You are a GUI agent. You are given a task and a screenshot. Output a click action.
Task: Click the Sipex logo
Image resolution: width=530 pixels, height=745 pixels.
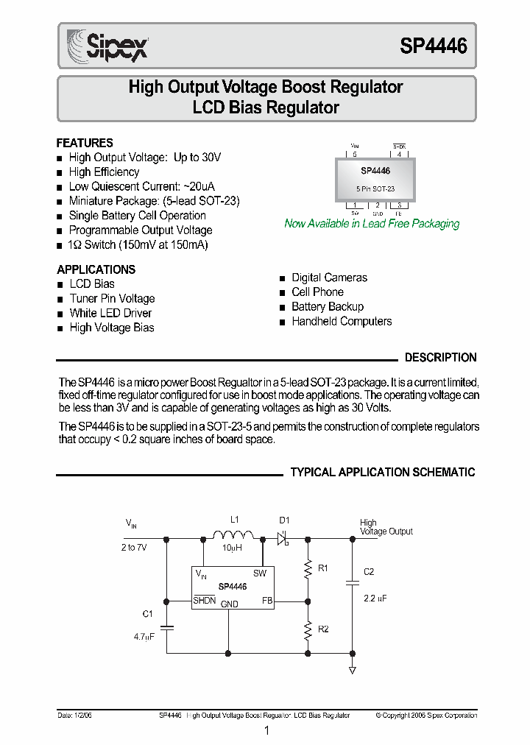[x=107, y=45]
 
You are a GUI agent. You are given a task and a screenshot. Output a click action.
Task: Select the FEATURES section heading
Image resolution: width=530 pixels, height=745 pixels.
[x=85, y=143]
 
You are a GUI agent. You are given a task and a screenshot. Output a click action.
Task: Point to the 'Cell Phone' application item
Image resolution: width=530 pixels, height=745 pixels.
[x=317, y=292]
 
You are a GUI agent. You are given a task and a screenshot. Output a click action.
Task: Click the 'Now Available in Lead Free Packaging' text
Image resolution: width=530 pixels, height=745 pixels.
[x=372, y=224]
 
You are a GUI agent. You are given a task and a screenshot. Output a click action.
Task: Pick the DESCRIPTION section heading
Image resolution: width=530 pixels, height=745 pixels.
[x=441, y=358]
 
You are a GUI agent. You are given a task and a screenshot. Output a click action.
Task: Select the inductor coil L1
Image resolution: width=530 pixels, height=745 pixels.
[x=233, y=537]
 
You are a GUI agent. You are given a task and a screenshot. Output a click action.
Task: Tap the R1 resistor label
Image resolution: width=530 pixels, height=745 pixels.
[x=323, y=568]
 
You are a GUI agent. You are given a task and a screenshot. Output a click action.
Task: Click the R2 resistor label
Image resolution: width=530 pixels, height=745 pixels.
[x=323, y=629]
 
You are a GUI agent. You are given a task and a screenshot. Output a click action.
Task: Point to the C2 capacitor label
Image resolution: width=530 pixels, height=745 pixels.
[x=369, y=572]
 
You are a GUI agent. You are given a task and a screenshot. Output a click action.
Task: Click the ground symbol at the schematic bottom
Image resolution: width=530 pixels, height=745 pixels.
[x=352, y=670]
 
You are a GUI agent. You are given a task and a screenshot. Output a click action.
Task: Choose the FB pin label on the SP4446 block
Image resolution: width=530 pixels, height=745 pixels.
[x=267, y=601]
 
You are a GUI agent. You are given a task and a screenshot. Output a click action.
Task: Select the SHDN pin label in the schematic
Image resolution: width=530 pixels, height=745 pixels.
[x=205, y=601]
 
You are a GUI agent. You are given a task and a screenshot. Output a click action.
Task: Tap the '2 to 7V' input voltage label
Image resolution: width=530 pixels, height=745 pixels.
[x=134, y=548]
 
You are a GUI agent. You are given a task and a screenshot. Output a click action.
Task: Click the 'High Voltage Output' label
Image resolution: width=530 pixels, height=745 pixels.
[x=385, y=527]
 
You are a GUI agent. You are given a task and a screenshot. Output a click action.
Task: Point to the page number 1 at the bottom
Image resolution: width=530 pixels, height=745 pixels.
[x=266, y=731]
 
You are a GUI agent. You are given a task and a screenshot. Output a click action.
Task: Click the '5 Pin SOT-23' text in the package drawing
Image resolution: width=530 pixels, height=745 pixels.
[x=375, y=188]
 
